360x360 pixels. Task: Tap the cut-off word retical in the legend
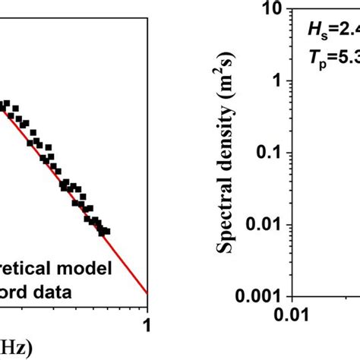pos(31,267)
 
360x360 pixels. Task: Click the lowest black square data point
pos(106,231)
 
